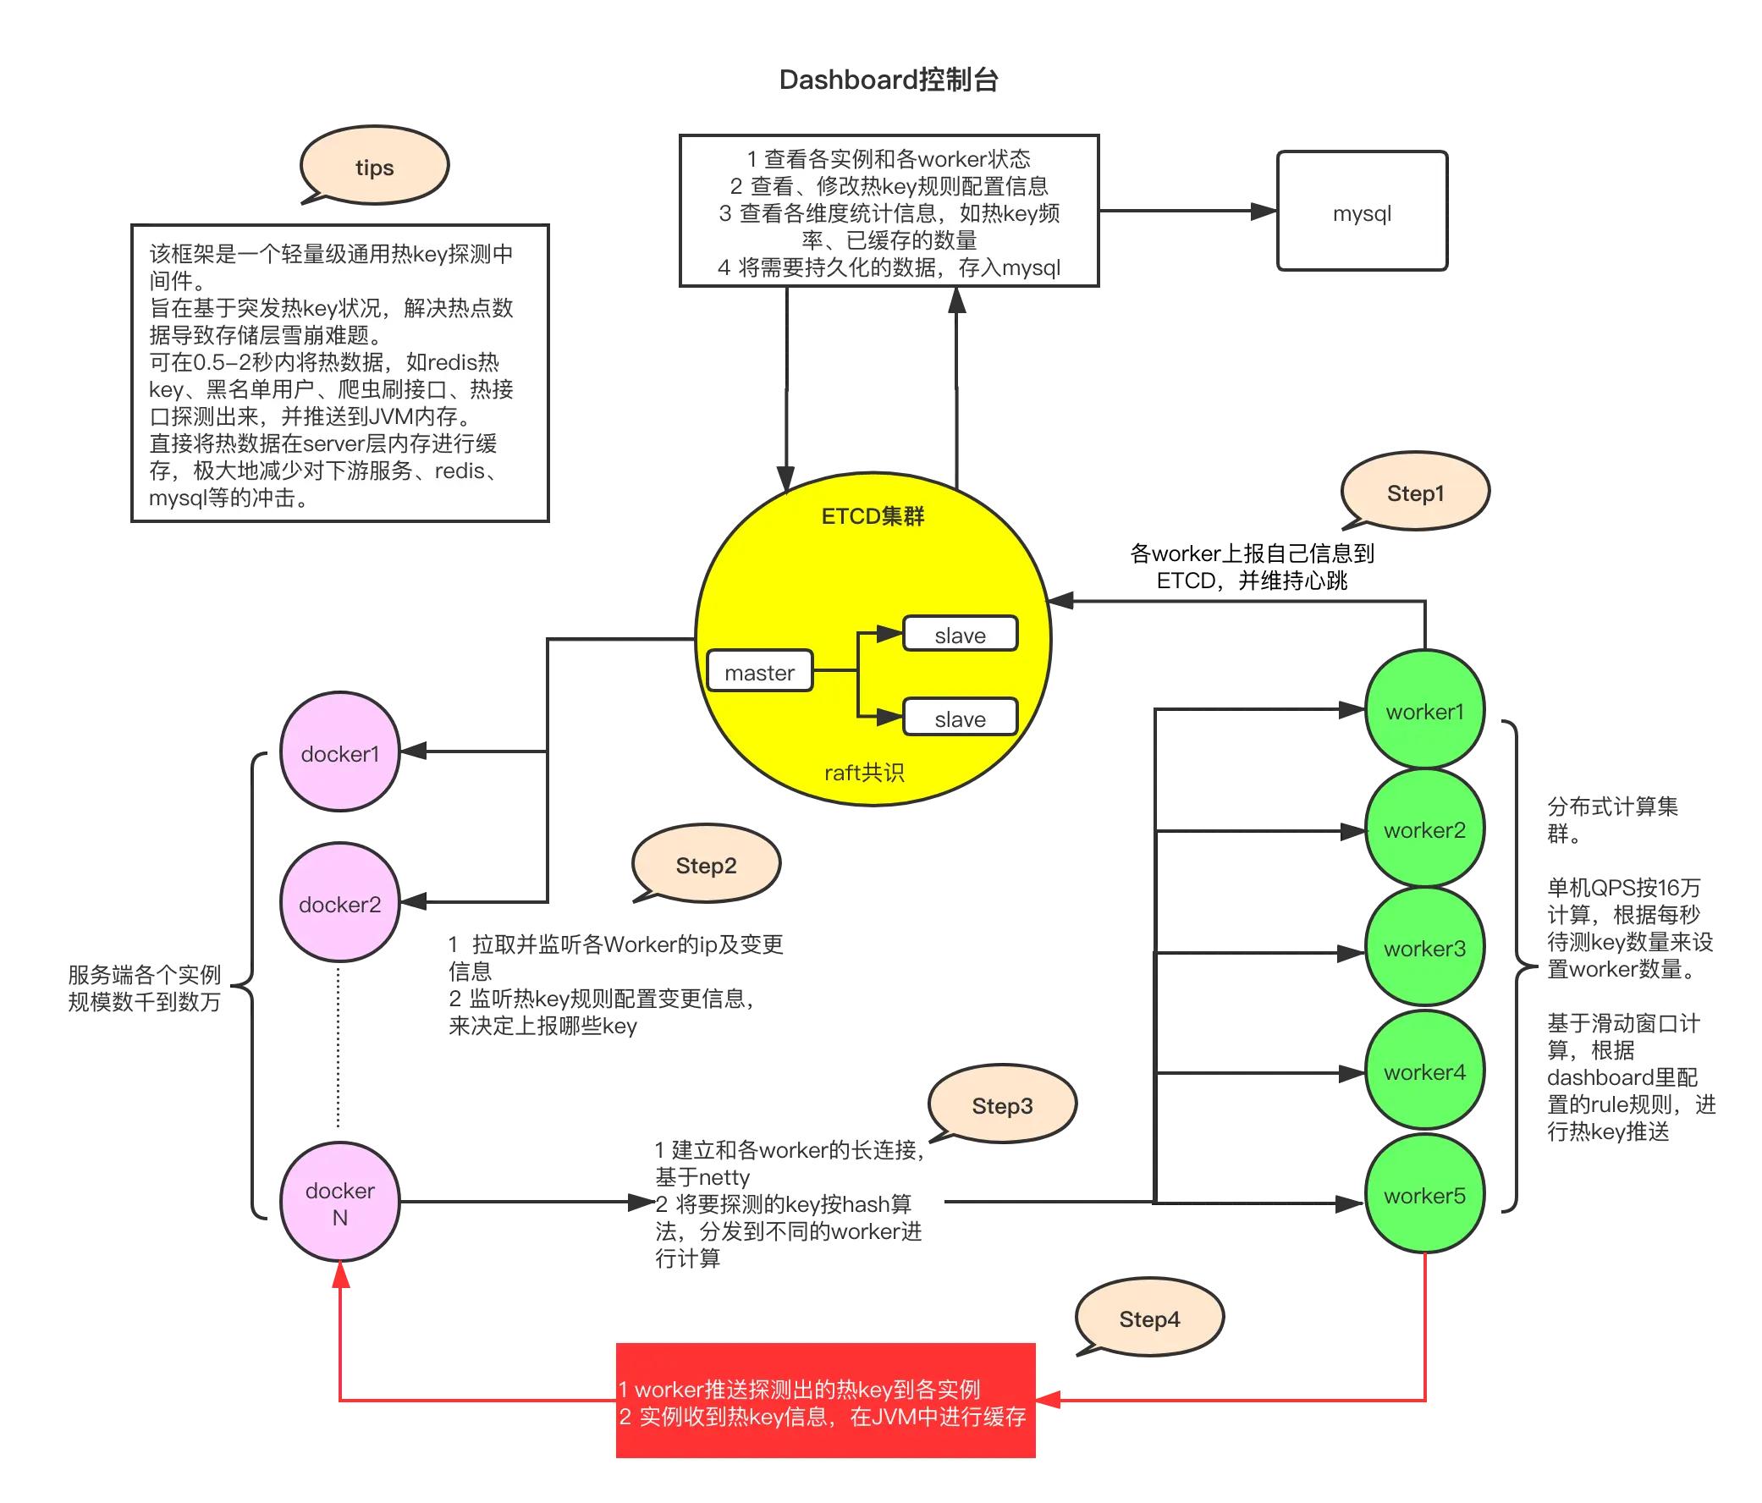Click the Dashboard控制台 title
pos(888,80)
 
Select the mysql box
pos(1362,212)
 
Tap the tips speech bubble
pos(374,167)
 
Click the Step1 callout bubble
pos(1415,493)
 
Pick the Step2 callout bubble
pos(706,865)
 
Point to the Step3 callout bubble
pos(1002,1105)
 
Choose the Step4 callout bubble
pos(1149,1319)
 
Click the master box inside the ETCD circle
pos(759,672)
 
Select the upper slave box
pos(960,635)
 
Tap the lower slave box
pos(960,718)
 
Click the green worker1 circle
pos(1424,710)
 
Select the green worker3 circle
pos(1424,948)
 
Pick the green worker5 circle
pos(1424,1194)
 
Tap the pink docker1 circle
pos(340,753)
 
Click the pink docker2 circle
pos(340,903)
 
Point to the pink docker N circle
pos(340,1202)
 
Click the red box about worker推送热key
pos(825,1401)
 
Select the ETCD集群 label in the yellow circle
pos(873,516)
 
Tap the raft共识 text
pos(864,772)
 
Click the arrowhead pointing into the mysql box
pos(1264,211)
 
